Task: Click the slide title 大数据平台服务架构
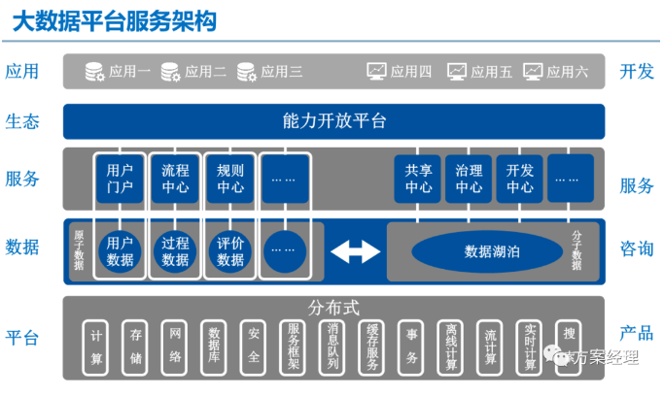(115, 20)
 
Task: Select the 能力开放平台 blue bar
(333, 121)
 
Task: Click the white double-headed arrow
(355, 251)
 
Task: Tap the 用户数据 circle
(120, 251)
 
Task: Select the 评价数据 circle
(230, 251)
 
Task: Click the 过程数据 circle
(175, 251)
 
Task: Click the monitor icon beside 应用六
(533, 71)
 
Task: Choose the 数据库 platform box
(214, 346)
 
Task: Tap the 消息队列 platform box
(332, 346)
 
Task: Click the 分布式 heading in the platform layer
(333, 308)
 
